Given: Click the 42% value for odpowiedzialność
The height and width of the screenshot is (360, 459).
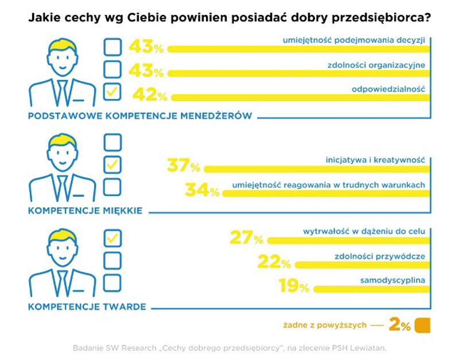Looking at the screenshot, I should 150,94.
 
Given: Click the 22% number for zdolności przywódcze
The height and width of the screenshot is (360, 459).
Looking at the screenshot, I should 274,262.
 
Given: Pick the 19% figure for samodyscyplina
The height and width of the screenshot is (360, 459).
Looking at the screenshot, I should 294,285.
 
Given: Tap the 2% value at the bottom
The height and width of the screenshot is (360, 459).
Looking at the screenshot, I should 399,326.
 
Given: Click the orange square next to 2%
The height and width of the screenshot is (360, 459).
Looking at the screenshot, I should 422,325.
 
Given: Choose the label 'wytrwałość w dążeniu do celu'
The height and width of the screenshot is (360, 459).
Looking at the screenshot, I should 364,231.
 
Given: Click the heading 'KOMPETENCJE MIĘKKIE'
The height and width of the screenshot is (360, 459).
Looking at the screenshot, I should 85,211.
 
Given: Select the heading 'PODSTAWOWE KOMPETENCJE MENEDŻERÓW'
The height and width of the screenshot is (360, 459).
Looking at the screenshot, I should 140,116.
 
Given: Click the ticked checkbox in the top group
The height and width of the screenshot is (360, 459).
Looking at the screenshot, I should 112,92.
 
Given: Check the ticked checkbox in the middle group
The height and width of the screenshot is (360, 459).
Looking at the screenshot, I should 112,165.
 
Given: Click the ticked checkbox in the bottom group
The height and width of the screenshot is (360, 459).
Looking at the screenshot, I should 112,237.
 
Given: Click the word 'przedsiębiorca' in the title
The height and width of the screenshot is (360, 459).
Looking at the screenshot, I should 382,18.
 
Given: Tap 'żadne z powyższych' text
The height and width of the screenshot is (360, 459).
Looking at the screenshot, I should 325,326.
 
